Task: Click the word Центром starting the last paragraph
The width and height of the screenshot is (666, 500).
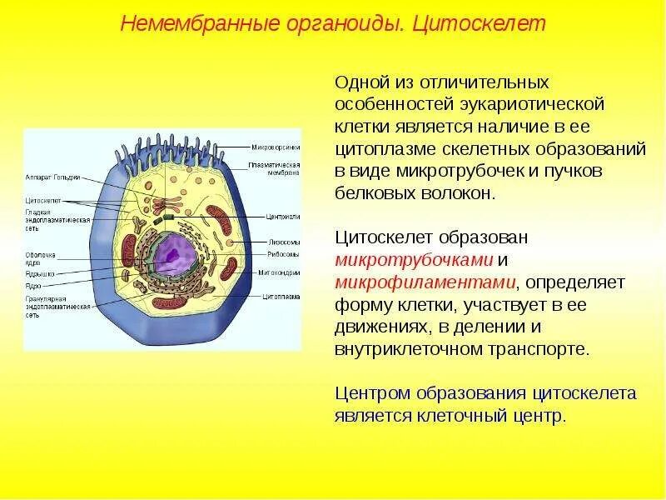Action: click(x=373, y=393)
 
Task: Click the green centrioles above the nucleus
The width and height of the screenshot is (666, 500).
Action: click(x=169, y=217)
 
